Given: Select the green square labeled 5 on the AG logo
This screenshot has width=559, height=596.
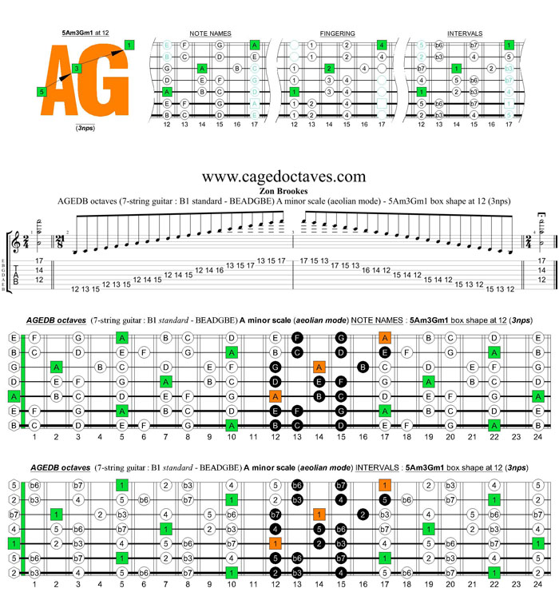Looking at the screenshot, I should pyautogui.click(x=42, y=92).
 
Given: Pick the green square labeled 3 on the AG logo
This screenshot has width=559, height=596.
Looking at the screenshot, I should pyautogui.click(x=76, y=69).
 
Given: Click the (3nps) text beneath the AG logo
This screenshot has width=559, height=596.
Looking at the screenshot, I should pyautogui.click(x=83, y=128).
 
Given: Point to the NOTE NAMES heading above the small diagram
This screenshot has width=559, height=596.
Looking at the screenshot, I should pyautogui.click(x=210, y=33).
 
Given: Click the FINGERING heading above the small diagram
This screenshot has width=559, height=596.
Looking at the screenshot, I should pyautogui.click(x=337, y=33).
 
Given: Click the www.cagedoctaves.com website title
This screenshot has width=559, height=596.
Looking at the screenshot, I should pyautogui.click(x=284, y=177).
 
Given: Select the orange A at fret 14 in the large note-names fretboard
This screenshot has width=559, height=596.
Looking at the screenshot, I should pyautogui.click(x=319, y=368).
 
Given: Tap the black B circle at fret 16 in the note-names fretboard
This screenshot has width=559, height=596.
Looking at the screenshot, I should pyautogui.click(x=363, y=368).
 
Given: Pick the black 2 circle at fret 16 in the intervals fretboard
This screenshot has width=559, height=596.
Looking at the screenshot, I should pyautogui.click(x=363, y=514).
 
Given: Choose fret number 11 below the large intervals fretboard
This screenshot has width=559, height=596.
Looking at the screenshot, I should pyautogui.click(x=253, y=584).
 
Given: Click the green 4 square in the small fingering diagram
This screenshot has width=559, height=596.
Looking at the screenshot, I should pyautogui.click(x=382, y=44).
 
